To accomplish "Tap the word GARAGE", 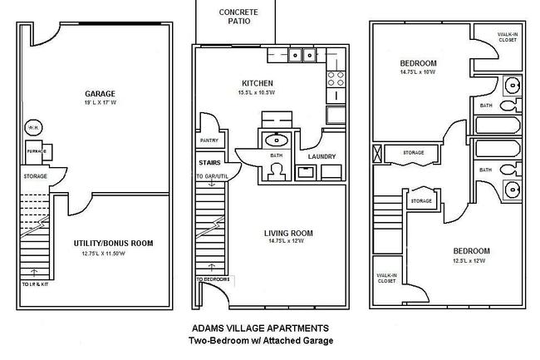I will [101, 93].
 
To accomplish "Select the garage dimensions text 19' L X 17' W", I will [101, 103].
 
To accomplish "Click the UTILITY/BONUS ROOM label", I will [112, 244].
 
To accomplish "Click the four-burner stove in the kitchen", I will [336, 80].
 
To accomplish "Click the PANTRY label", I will [209, 141].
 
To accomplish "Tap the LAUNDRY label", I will [321, 156].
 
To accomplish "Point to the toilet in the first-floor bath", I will [276, 170].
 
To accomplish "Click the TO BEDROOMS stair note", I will [213, 279].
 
